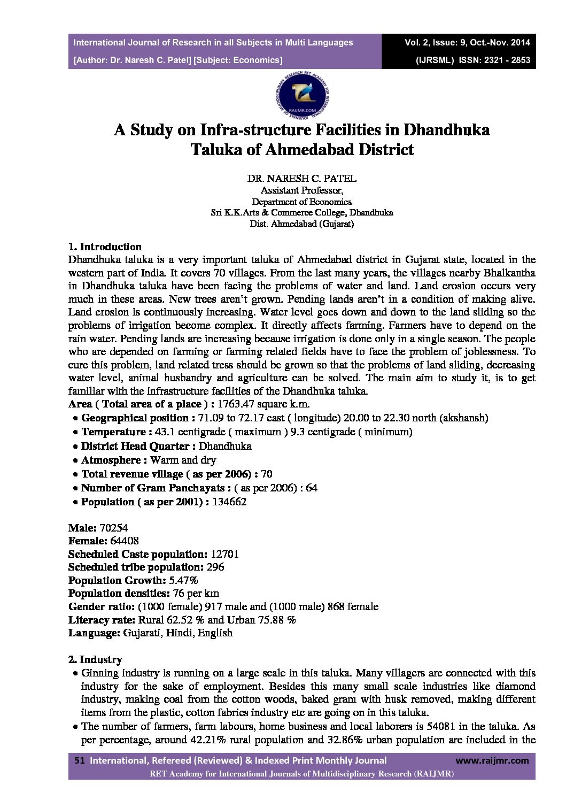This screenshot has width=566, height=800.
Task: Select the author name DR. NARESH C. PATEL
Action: coord(301,179)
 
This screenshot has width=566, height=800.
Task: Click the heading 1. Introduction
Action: coord(105,247)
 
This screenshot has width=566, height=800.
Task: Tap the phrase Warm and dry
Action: coord(183,460)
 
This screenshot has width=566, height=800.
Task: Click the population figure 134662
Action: coord(229,502)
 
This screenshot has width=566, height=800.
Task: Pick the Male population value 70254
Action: coord(114,528)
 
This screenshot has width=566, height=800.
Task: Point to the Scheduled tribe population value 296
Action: coord(215,567)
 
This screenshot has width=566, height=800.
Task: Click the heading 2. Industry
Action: coord(95,660)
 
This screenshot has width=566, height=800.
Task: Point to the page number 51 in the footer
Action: coord(80,760)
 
